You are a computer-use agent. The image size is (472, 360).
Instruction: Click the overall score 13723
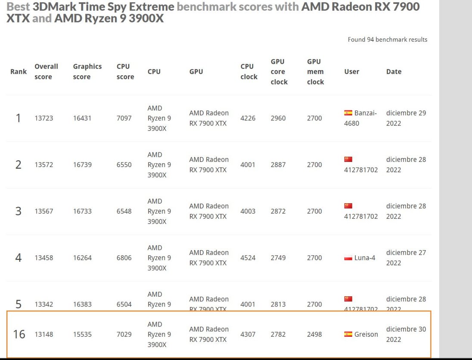(x=44, y=118)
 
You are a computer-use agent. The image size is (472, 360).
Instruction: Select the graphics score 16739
(x=82, y=164)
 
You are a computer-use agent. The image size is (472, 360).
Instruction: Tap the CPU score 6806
(x=124, y=258)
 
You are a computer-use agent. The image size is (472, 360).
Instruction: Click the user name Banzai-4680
(x=360, y=118)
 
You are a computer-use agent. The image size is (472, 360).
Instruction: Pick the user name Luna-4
(x=365, y=258)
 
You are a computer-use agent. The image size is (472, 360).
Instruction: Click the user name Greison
(x=366, y=334)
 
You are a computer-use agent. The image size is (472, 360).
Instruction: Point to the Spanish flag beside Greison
(x=348, y=334)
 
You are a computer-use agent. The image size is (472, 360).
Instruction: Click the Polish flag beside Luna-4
(x=348, y=258)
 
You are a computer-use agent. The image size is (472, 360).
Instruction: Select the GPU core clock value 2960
(x=278, y=118)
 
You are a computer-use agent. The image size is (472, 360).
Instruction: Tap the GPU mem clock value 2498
(x=314, y=334)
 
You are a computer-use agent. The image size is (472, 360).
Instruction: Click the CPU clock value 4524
(x=248, y=258)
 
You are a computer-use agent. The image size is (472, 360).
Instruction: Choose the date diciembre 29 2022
(x=406, y=118)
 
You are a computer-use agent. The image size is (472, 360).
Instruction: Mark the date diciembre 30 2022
(x=406, y=334)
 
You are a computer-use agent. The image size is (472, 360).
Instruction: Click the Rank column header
(x=19, y=71)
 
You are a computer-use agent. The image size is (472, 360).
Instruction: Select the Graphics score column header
(x=87, y=71)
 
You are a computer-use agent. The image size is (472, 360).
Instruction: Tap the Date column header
(x=394, y=71)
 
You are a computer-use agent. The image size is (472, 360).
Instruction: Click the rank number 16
(x=19, y=334)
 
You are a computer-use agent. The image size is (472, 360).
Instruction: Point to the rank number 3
(x=18, y=211)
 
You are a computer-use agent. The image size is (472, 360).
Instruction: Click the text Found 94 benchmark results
(x=388, y=40)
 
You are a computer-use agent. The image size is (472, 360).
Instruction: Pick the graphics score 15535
(x=82, y=334)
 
